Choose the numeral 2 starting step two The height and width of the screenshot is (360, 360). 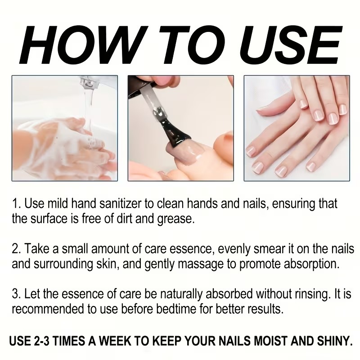(x=15, y=249)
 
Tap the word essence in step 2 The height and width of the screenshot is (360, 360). (x=196, y=249)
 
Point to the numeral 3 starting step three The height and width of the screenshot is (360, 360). (x=15, y=294)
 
